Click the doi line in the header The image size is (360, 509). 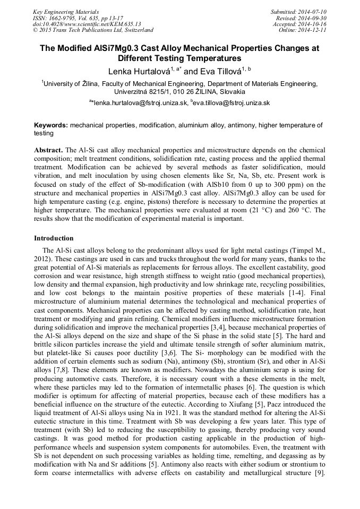[87, 24]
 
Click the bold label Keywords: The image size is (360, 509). [51, 125]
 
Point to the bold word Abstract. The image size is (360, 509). [48, 151]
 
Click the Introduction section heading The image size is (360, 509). [54, 238]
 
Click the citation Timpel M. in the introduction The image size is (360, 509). [311, 249]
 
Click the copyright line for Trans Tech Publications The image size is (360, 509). [93, 30]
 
